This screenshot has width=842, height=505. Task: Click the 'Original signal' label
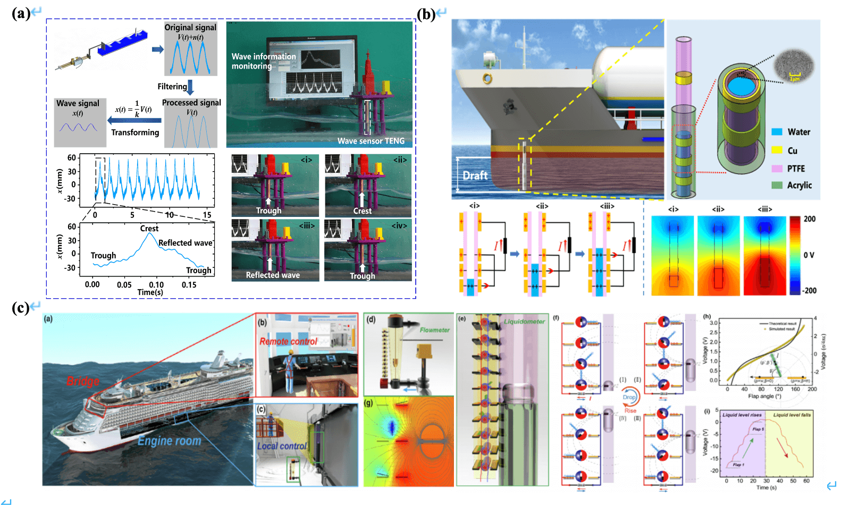pyautogui.click(x=190, y=27)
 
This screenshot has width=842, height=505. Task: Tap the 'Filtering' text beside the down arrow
pyautogui.click(x=172, y=86)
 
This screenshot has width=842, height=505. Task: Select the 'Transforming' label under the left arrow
pyautogui.click(x=135, y=132)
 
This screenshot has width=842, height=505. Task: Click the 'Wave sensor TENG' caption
pyautogui.click(x=371, y=141)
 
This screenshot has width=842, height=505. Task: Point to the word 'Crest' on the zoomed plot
pyautogui.click(x=149, y=228)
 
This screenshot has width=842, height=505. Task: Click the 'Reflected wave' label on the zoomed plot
pyautogui.click(x=185, y=242)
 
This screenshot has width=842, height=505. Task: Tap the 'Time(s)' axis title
pyautogui.click(x=150, y=292)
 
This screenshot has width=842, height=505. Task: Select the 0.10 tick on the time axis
pyautogui.click(x=156, y=284)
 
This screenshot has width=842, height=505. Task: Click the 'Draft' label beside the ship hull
pyautogui.click(x=475, y=175)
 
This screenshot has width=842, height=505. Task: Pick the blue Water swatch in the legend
pyautogui.click(x=777, y=132)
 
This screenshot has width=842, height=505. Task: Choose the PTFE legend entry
pyautogui.click(x=796, y=169)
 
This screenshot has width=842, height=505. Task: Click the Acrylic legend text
pyautogui.click(x=799, y=185)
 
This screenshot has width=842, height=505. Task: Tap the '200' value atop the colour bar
pyautogui.click(x=810, y=218)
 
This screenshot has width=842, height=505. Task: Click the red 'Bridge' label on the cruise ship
pyautogui.click(x=83, y=381)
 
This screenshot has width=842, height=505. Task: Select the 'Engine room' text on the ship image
pyautogui.click(x=169, y=441)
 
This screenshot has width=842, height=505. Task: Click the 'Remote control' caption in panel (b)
pyautogui.click(x=288, y=341)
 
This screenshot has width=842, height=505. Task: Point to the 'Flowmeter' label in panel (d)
pyautogui.click(x=434, y=330)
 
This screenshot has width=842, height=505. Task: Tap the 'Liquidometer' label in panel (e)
pyautogui.click(x=524, y=321)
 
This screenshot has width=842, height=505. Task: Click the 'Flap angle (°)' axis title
pyautogui.click(x=764, y=396)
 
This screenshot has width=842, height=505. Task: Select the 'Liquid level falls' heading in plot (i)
pyautogui.click(x=792, y=415)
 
